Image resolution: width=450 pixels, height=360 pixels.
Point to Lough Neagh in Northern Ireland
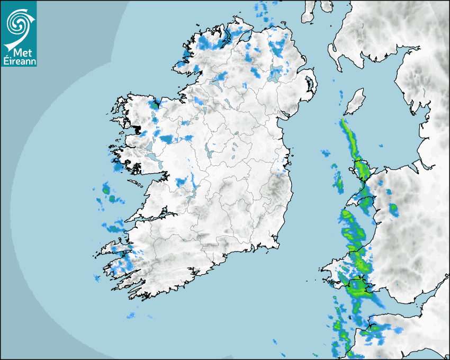pyautogui.click(x=275, y=76)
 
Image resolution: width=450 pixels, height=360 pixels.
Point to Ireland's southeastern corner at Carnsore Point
pyautogui.click(x=278, y=246)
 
